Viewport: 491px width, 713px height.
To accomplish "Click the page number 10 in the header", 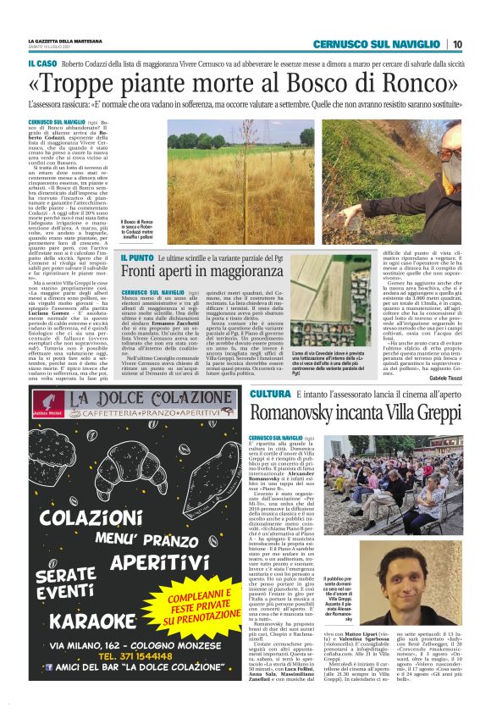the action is pyautogui.click(x=456, y=44).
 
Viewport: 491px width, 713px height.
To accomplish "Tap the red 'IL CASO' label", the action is pyautogui.click(x=41, y=64).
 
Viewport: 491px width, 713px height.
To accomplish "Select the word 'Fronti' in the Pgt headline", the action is pyautogui.click(x=143, y=271).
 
